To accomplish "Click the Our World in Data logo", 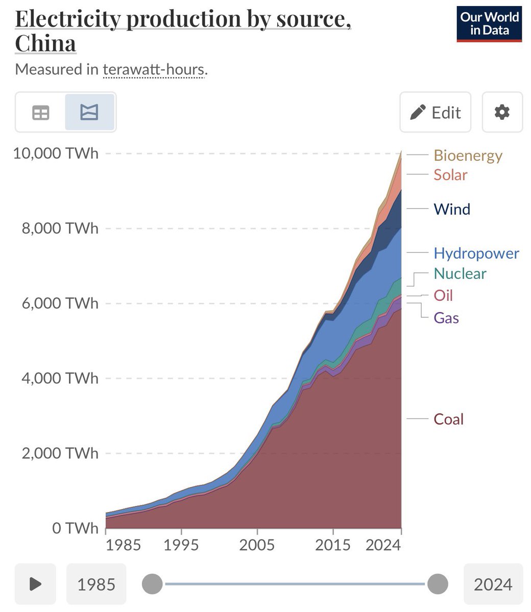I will pos(489,24).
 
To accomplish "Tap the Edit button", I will pos(436,112).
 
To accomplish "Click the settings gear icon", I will pos(502,112).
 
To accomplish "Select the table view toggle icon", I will pos(41,112).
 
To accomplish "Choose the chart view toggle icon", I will pos(89,112).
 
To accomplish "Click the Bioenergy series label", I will pos(468,155).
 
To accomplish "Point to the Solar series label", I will pos(450,175).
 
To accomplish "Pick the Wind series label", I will pos(452,209).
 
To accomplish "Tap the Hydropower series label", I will pos(476,253).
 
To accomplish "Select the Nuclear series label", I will pos(460,273).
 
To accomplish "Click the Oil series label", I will pos(443,295).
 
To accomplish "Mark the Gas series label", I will pos(446,318).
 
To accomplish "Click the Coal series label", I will pos(448,419).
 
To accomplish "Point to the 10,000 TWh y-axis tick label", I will pos(55,153).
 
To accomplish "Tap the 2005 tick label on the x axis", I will pos(257,545).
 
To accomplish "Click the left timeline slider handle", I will pos(152,583).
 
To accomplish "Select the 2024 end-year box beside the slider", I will pos(493,584).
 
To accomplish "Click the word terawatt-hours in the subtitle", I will pos(154,69).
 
